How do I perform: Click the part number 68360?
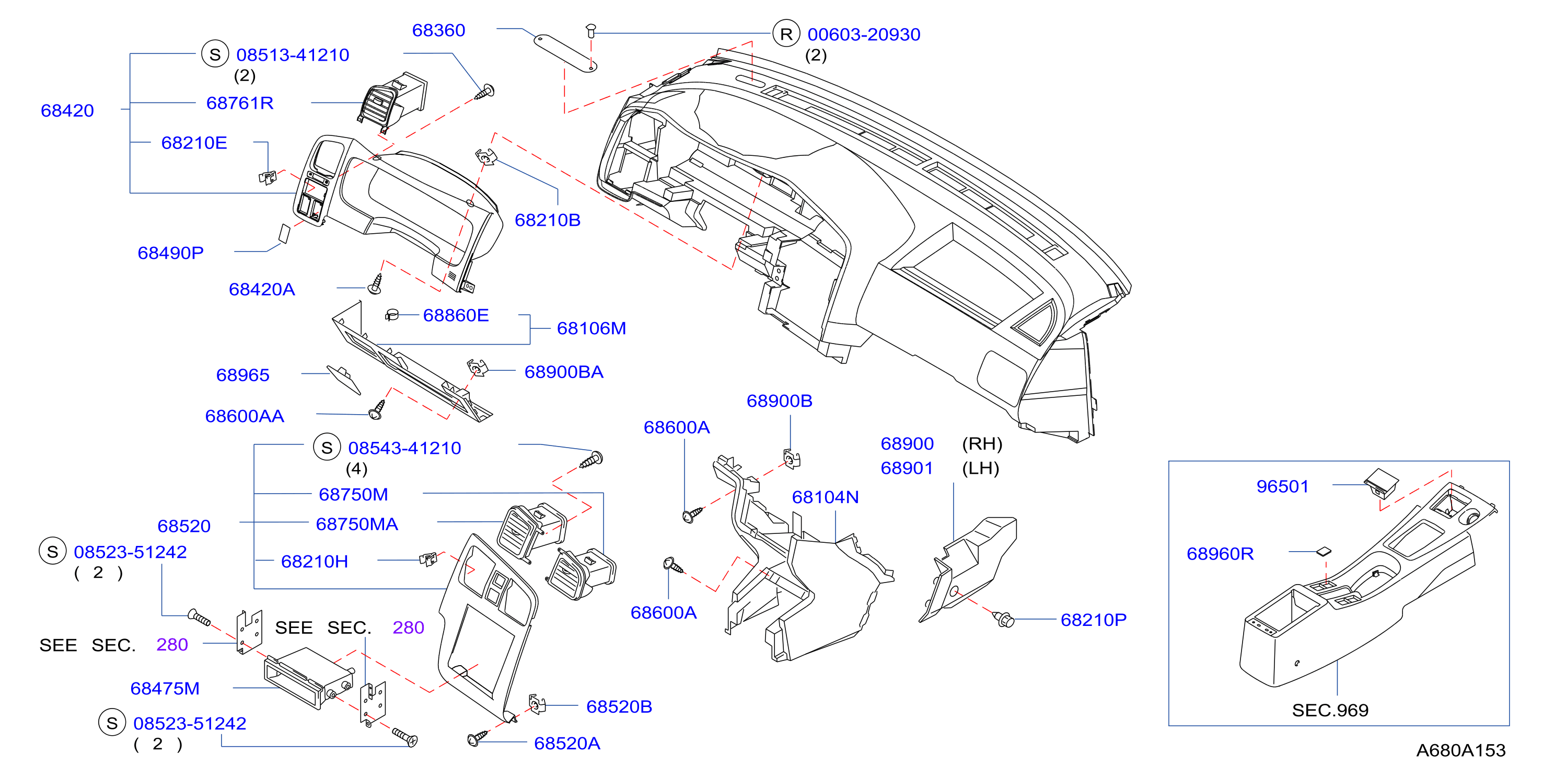438,30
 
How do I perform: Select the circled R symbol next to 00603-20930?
786,33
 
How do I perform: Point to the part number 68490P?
170,253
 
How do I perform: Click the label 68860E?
456,315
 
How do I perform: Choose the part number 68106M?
591,328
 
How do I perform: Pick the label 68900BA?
564,372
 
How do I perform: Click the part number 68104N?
825,497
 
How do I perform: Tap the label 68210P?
1093,620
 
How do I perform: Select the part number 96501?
1282,486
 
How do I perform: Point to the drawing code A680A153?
1460,750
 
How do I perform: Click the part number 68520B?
619,706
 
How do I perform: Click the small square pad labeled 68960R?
1323,552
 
